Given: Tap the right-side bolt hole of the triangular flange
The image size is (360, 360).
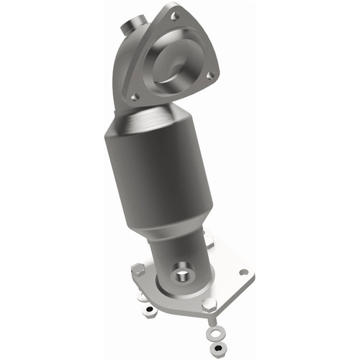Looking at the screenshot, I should (x=210, y=72).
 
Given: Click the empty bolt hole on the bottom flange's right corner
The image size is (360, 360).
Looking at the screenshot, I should (x=243, y=272).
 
